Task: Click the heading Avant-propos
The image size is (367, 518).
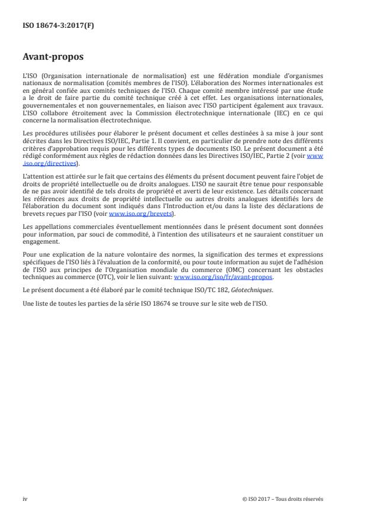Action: pyautogui.click(x=53, y=58)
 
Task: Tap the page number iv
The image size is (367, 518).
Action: pyautogui.click(x=25, y=498)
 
